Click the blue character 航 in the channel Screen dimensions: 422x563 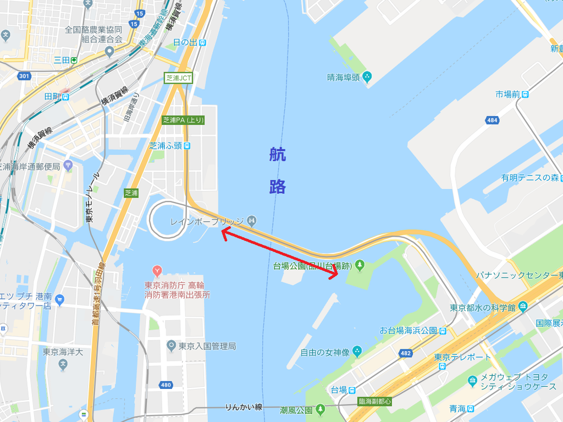(x=277, y=155)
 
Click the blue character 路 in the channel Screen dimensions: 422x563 (x=277, y=187)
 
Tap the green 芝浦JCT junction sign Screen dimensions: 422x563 (x=179, y=78)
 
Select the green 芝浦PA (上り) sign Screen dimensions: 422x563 (x=183, y=120)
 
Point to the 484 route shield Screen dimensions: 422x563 (x=492, y=120)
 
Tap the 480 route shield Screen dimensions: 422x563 (x=166, y=385)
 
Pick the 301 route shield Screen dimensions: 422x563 (x=24, y=76)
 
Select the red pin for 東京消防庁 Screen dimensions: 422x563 (x=157, y=271)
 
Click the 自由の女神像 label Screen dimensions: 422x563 (x=324, y=350)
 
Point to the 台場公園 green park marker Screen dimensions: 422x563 (x=360, y=266)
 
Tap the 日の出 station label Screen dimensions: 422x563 (x=185, y=42)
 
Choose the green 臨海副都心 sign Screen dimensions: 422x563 (x=374, y=402)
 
